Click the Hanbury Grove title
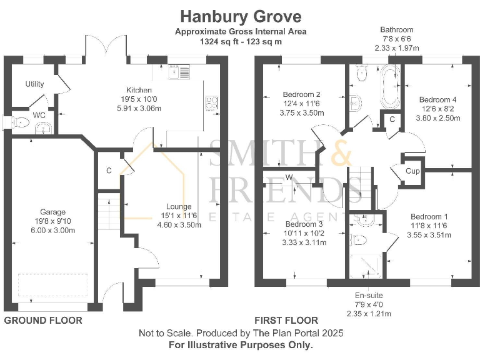point(241,16)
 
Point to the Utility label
point(35,84)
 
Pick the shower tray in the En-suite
point(365,267)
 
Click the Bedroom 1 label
point(429,216)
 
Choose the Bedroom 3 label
point(304,224)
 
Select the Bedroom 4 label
point(437,99)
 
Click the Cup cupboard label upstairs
point(412,171)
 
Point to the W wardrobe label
point(289,177)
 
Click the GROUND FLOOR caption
point(43,321)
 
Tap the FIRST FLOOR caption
point(286,321)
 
